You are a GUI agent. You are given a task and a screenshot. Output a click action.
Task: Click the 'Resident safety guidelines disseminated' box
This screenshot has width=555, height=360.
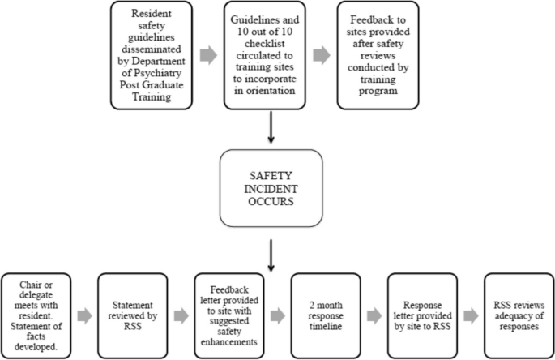coord(152,55)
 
